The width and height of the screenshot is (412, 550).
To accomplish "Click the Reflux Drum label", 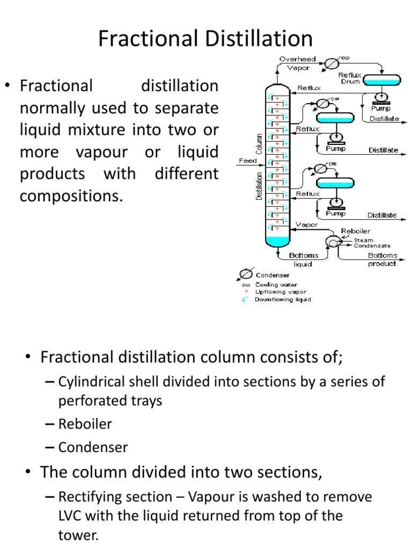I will tap(350, 78).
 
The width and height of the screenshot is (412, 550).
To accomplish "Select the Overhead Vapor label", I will tap(297, 63).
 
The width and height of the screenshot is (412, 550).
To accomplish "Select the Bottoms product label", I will tap(382, 259).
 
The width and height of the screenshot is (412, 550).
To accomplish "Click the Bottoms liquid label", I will tap(303, 259).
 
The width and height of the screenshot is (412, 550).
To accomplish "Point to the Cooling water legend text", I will tap(276, 284).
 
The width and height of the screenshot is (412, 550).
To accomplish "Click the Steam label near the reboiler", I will tap(363, 240).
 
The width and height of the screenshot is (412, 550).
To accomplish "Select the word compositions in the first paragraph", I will tap(71, 196).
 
